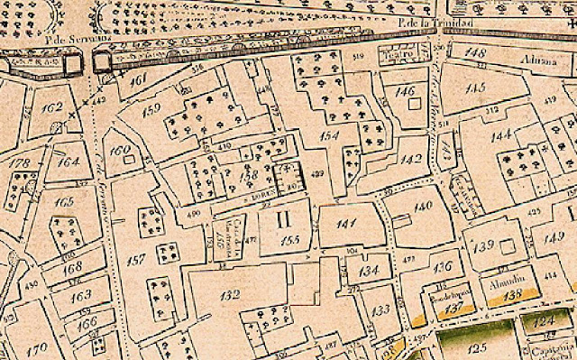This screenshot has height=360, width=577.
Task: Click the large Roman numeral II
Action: (x=283, y=217)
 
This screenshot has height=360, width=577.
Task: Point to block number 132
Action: (x=231, y=294)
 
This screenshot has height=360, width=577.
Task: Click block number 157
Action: (x=136, y=261)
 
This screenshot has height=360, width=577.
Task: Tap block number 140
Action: (x=423, y=207)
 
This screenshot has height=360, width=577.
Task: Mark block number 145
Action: (x=477, y=88)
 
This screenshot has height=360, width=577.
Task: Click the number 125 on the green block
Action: (x=477, y=346)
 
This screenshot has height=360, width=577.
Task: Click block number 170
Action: (x=37, y=347)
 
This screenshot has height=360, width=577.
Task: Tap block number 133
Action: (x=381, y=310)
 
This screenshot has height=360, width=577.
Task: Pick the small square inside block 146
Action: (x=414, y=104)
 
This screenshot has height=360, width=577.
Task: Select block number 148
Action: (x=475, y=53)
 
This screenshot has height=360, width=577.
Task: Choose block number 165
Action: (x=64, y=202)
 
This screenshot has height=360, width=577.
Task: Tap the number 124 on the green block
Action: (x=542, y=320)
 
